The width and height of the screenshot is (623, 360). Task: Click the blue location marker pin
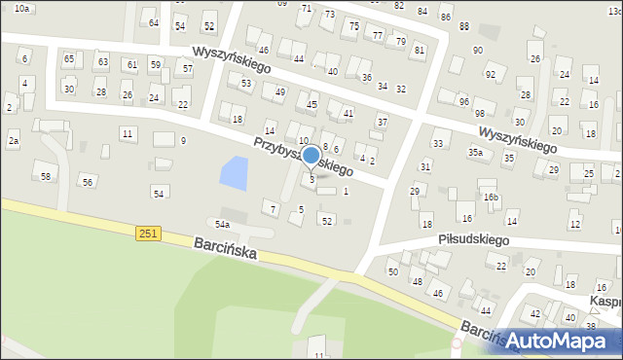[311, 157]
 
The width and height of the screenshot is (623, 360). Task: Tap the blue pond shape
[234, 173]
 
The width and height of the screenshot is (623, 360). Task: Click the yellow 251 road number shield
[148, 233]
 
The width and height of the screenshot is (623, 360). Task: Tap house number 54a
[223, 225]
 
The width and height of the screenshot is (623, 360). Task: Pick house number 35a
[475, 153]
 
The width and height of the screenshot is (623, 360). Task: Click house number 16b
[491, 198]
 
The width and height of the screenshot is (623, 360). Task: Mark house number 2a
[14, 142]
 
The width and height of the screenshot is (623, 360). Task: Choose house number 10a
[21, 8]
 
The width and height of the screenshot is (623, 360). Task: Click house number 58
[46, 176]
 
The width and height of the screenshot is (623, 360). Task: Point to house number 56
[88, 182]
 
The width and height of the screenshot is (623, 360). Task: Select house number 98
[479, 114]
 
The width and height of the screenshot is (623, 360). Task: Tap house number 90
[477, 50]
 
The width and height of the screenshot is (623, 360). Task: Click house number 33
[438, 144]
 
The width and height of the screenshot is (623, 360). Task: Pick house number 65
[69, 59]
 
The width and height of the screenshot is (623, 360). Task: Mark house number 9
[183, 141]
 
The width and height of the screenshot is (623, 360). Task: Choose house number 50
[393, 271]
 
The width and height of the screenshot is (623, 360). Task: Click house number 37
[383, 122]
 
